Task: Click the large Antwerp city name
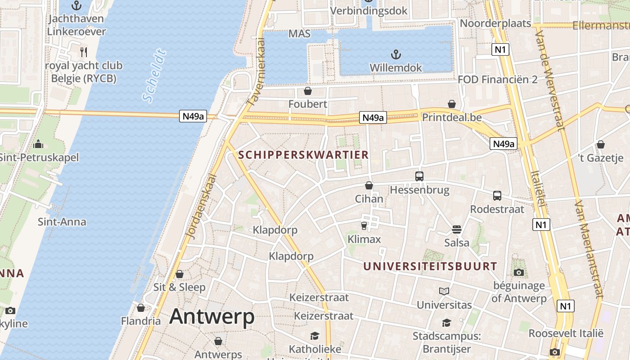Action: click(212, 317)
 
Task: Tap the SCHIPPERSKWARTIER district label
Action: click(303, 155)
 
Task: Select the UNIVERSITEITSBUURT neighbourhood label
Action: click(430, 266)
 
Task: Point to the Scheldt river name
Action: click(154, 76)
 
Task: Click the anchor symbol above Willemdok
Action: click(396, 55)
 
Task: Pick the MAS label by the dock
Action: click(300, 34)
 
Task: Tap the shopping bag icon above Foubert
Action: click(308, 91)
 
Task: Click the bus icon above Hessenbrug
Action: click(419, 176)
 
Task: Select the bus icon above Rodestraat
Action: click(497, 196)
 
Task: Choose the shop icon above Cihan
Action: click(369, 185)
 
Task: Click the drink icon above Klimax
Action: click(364, 225)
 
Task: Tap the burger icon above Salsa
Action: click(457, 229)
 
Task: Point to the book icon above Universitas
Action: click(444, 291)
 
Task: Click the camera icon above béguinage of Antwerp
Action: click(519, 272)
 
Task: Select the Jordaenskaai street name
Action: click(201, 206)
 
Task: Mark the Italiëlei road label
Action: click(538, 189)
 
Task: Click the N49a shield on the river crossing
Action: click(193, 117)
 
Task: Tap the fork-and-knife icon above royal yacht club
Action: click(83, 52)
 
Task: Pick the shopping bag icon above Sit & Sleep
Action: click(180, 274)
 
